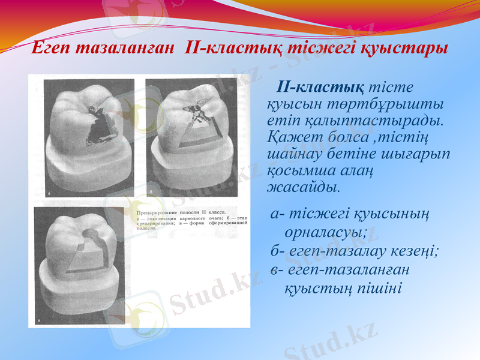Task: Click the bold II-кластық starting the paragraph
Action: click(x=319, y=88)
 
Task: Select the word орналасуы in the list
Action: click(x=325, y=230)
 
